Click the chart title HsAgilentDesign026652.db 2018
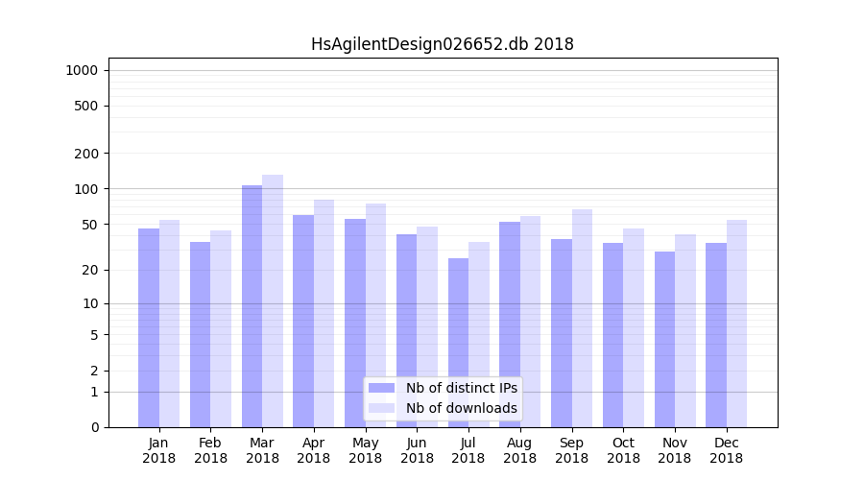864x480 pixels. pos(442,44)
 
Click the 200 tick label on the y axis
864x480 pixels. pos(86,154)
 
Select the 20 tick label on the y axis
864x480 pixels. pos(90,270)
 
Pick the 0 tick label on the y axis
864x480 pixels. pos(94,427)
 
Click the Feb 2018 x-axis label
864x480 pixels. pos(210,450)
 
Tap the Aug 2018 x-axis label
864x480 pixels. pos(519,450)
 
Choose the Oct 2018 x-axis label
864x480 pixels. pos(623,450)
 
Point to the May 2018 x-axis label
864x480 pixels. pos(365,450)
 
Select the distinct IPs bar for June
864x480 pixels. pos(406,330)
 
